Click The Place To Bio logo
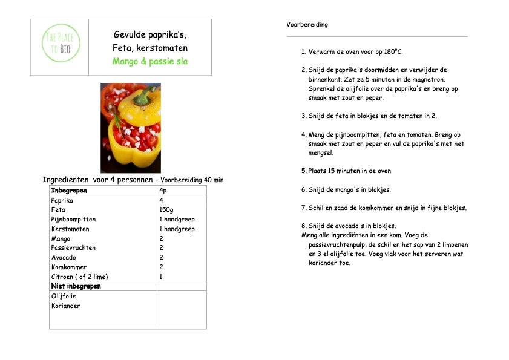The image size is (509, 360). pyautogui.click(x=60, y=42)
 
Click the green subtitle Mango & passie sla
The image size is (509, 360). pyautogui.click(x=149, y=61)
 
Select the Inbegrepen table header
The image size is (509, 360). pyautogui.click(x=69, y=190)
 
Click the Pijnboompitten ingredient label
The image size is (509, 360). pyautogui.click(x=73, y=220)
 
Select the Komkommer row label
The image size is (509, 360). pyautogui.click(x=69, y=267)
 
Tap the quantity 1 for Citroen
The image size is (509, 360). pyautogui.click(x=161, y=277)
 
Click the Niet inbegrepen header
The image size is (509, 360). pyautogui.click(x=76, y=286)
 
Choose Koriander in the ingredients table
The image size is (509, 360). pyautogui.click(x=66, y=306)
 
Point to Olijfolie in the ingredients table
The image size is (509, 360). pyautogui.click(x=64, y=296)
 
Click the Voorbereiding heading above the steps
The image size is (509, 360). pyautogui.click(x=307, y=25)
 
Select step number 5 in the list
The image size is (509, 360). pyautogui.click(x=303, y=171)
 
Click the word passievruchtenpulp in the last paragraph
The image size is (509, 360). pyautogui.click(x=339, y=244)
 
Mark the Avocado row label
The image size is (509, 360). pyautogui.click(x=64, y=257)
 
